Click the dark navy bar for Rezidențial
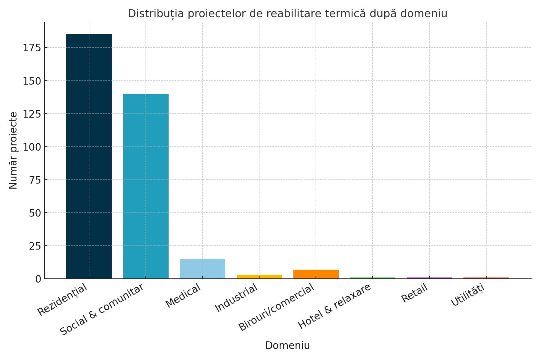[x=89, y=156]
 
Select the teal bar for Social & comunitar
[x=146, y=186]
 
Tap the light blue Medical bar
[x=202, y=268]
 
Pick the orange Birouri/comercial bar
[x=316, y=274]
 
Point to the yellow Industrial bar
[x=259, y=277]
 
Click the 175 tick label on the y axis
[x=32, y=48]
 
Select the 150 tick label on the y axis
[x=32, y=81]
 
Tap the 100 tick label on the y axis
[x=32, y=147]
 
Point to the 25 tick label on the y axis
[x=35, y=246]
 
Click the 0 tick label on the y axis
[x=38, y=279]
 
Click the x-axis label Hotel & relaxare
[x=334, y=306]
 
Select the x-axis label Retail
[x=414, y=293]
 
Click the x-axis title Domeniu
[x=287, y=346]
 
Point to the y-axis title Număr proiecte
[x=13, y=150]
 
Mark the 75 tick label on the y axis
[x=35, y=180]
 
